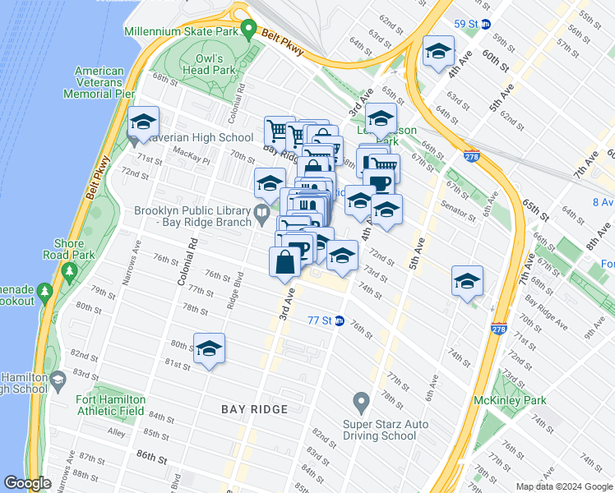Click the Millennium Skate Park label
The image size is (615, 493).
click(181, 32)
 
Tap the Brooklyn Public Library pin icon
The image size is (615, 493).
click(262, 215)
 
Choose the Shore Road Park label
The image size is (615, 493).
click(70, 250)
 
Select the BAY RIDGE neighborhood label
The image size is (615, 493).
click(254, 409)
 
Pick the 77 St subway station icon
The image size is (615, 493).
click(338, 320)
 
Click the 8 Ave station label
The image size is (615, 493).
click(603, 201)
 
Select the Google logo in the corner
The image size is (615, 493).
click(28, 483)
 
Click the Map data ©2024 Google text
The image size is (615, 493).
click(563, 486)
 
